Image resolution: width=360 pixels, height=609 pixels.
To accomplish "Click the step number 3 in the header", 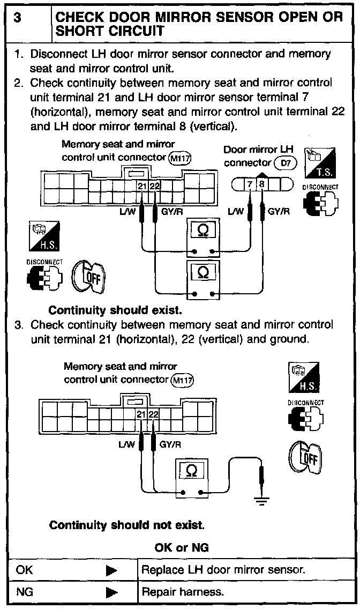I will pos(18,18).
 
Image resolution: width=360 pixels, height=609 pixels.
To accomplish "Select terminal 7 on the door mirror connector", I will pos(251,185).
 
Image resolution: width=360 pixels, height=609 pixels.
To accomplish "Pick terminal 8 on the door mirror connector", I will pos(262,185).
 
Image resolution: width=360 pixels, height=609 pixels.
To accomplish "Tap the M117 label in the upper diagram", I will pos(179,158).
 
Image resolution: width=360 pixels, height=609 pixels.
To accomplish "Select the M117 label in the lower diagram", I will pos(182,381).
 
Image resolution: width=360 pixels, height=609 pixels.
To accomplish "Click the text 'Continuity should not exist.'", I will pos(126,525).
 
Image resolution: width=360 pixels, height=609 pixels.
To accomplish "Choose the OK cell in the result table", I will pos(25,570).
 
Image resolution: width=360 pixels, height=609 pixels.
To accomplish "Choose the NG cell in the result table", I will pos(25,592).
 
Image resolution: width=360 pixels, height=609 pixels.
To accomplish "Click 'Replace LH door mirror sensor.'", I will pos(223,570).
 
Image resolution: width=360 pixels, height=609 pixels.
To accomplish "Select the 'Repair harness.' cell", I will pos(182,592).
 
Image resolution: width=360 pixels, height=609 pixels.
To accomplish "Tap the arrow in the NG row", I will pos(111,592).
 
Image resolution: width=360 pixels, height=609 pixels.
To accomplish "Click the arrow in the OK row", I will pos(111,570).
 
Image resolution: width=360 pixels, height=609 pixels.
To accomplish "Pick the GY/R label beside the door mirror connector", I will pos(279,211).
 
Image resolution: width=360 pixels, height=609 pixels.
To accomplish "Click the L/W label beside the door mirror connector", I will pos(236,211).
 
